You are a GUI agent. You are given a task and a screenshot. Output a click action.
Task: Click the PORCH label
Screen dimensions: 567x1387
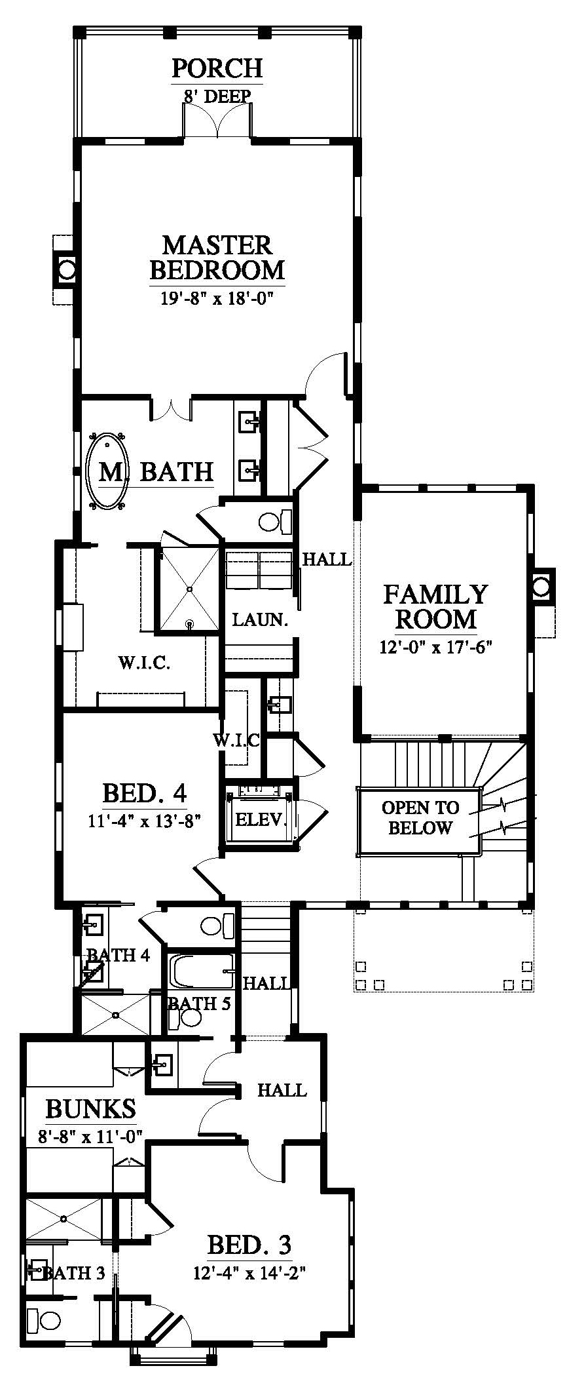pyautogui.click(x=217, y=68)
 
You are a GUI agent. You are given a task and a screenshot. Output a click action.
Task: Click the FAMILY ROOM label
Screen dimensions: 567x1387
pyautogui.click(x=435, y=606)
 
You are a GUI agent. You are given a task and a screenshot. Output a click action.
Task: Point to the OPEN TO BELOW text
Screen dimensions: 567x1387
pyautogui.click(x=420, y=817)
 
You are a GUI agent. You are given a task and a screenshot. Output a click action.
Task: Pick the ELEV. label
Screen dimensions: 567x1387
pyautogui.click(x=261, y=819)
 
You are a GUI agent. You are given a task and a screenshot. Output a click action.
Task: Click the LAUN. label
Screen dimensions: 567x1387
pyautogui.click(x=261, y=619)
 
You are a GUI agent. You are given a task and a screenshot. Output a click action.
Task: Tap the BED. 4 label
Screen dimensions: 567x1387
pyautogui.click(x=145, y=793)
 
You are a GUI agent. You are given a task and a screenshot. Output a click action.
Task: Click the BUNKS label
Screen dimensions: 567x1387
pyautogui.click(x=90, y=1108)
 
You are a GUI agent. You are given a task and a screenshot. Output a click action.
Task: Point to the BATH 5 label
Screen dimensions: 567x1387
pyautogui.click(x=199, y=1003)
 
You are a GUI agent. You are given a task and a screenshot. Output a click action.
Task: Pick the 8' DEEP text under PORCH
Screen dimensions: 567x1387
pyautogui.click(x=217, y=96)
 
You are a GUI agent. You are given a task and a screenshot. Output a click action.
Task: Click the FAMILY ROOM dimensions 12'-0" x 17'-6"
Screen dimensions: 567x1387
pyautogui.click(x=435, y=647)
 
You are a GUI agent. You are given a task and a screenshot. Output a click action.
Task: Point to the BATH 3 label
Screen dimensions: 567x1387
pyautogui.click(x=73, y=1273)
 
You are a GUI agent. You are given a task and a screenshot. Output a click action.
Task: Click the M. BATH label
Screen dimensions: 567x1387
pyautogui.click(x=156, y=471)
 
